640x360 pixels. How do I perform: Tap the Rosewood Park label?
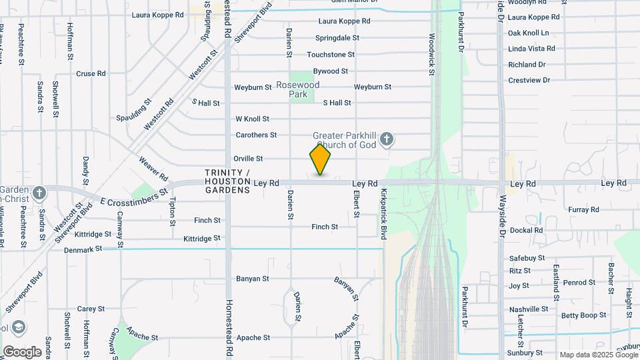pos(298,89)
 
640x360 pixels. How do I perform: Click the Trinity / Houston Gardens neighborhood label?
pos(227,181)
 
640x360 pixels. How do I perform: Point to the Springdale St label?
pos(337,38)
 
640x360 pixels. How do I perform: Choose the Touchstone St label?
pos(331,55)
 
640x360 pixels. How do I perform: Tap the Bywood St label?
pos(331,71)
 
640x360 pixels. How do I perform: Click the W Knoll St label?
pos(252,119)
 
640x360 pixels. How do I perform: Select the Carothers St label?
pos(256,135)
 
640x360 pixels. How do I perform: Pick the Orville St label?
pos(248,159)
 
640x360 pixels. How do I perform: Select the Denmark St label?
pos(83,249)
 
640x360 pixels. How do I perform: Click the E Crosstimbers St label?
pos(133,196)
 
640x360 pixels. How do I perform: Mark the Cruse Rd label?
pos(91,74)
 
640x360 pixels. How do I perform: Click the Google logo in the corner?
pos(22,352)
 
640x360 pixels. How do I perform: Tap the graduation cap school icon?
pos(19,327)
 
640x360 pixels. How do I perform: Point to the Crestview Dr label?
pos(529,80)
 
